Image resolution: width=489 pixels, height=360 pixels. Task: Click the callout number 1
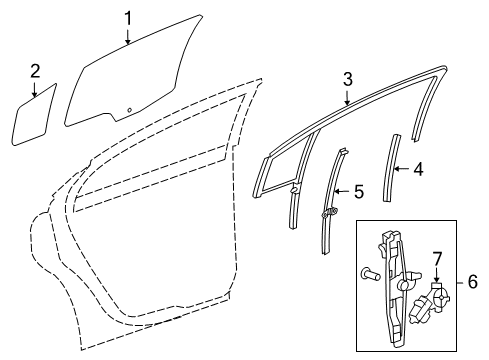[128, 17]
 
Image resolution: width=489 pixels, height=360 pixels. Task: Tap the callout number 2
[35, 70]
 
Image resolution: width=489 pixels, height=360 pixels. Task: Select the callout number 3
[347, 78]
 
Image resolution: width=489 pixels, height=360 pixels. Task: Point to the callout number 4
[418, 169]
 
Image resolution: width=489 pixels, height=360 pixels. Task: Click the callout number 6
[472, 283]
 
